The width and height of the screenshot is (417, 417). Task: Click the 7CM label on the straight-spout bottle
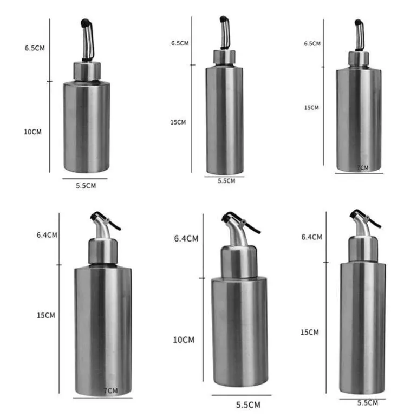[x=363, y=167]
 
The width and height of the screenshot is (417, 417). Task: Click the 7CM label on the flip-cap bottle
[x=110, y=390]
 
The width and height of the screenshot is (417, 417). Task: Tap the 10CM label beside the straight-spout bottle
[x=32, y=132]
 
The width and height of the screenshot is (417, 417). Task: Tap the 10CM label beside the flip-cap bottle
[x=184, y=340]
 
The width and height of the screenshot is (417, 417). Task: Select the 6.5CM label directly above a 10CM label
[x=35, y=48]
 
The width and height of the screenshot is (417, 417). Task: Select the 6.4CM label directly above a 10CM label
[x=186, y=238]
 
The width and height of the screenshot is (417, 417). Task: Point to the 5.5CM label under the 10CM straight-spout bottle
[x=86, y=186]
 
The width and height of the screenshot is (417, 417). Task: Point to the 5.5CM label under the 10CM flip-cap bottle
[x=248, y=405]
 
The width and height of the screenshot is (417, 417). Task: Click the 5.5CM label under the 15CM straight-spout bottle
[x=226, y=181]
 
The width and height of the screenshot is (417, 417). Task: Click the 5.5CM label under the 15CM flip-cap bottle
[x=368, y=402]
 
